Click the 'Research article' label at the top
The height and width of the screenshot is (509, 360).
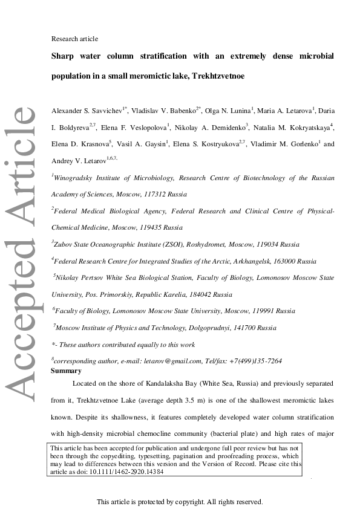[x=74, y=39]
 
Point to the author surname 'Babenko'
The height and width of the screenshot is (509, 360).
[x=181, y=112]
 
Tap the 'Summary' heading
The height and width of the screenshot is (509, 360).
[x=66, y=371]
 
